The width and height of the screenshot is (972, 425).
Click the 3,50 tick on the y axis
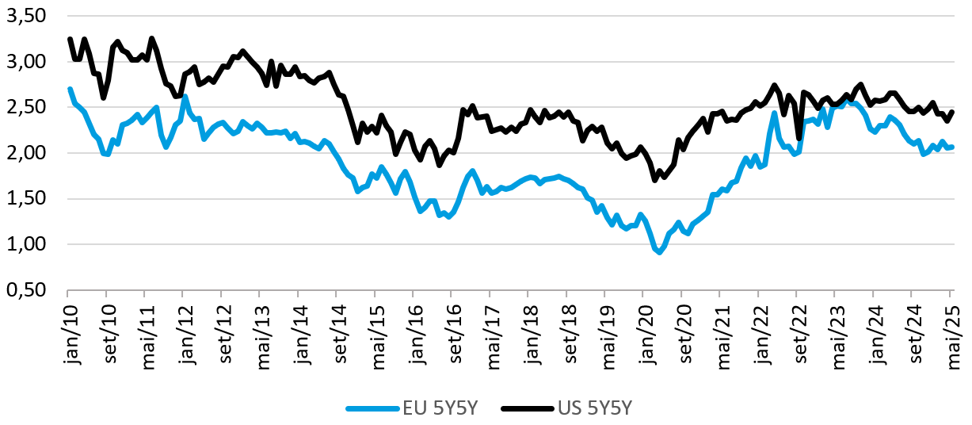(27, 16)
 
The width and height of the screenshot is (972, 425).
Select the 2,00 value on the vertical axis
(27, 153)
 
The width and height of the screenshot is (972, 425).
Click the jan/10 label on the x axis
(69, 326)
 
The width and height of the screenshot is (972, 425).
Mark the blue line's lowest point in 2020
(659, 252)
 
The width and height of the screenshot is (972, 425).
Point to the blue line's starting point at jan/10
(70, 89)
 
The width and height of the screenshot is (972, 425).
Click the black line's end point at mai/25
(952, 112)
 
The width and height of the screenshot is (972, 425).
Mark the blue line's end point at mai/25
(952, 147)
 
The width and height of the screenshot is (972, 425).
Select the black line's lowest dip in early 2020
(655, 180)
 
